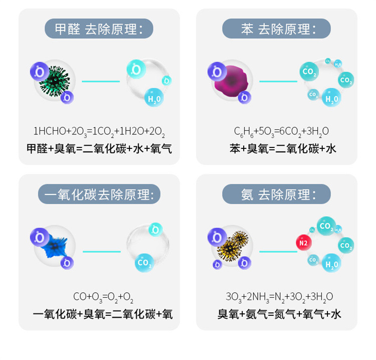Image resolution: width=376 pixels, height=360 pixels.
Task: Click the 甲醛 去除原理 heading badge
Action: [x=99, y=29]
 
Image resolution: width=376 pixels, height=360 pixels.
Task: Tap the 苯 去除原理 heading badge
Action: [x=276, y=29]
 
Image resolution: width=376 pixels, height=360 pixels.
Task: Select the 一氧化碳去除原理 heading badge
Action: [x=99, y=194]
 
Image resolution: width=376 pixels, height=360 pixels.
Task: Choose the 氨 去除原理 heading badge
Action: [x=276, y=194]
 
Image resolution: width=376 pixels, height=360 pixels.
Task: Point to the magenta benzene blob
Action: [x=231, y=82]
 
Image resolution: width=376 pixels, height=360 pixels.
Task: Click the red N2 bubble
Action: [x=303, y=243]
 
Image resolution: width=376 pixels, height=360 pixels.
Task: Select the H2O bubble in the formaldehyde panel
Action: [x=154, y=98]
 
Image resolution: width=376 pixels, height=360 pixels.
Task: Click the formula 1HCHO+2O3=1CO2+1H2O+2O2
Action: [x=99, y=132]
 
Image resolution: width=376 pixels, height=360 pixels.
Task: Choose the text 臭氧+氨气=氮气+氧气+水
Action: [x=279, y=314]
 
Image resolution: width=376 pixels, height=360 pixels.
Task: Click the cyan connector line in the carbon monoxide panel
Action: [x=101, y=251]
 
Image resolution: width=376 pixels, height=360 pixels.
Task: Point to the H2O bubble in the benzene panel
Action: [x=331, y=98]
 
